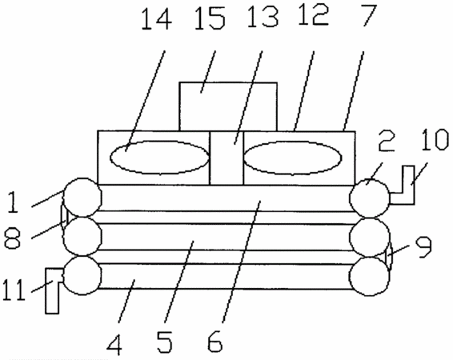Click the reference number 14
tap(157, 18)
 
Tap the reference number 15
tap(210, 18)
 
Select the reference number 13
tap(263, 17)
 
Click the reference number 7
tap(368, 15)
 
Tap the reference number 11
tap(14, 290)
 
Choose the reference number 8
tap(13, 238)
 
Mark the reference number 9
tap(423, 247)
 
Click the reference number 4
tap(114, 345)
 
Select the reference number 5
tap(165, 342)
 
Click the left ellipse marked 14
tap(159, 158)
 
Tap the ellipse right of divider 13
tap(293, 158)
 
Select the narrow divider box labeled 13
tap(226, 158)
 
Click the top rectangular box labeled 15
tap(228, 106)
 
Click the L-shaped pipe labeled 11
tap(52, 290)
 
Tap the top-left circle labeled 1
tap(82, 198)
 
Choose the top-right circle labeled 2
tap(369, 198)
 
